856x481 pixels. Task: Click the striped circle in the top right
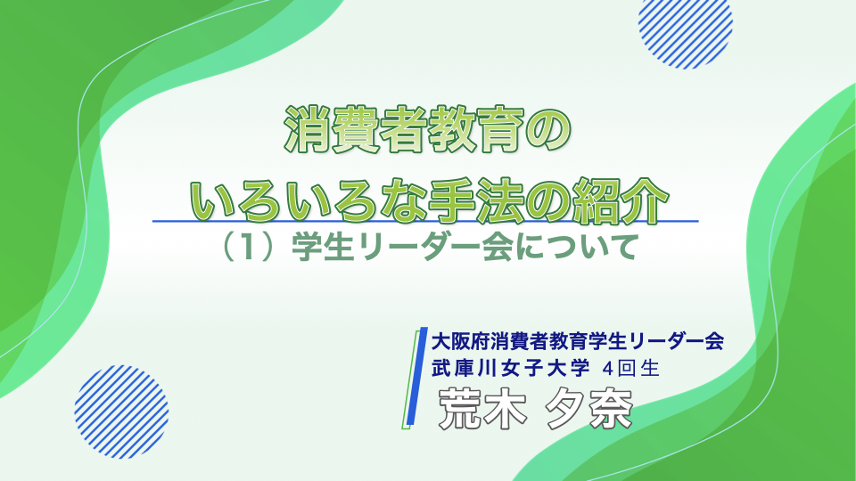coord(685,30)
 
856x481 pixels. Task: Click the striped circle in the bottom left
coord(121,412)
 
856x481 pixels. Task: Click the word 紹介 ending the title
coord(621,200)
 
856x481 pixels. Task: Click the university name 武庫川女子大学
coord(510,368)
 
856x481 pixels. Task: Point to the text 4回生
coord(631,369)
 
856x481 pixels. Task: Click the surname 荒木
coord(482,409)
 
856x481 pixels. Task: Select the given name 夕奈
coord(588,409)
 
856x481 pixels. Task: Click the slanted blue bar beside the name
coord(417,375)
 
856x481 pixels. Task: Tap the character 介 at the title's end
coord(646,200)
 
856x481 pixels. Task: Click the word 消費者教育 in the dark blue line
coord(519,341)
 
